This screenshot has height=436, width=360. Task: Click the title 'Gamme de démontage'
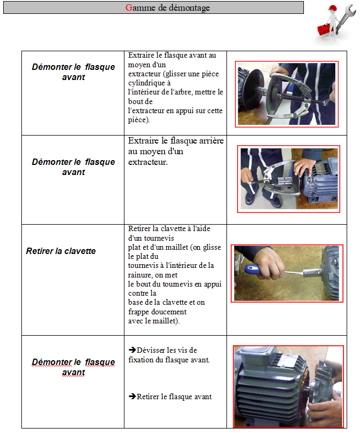168,7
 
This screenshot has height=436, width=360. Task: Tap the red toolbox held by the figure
324,29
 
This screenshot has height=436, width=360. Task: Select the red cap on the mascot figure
332,9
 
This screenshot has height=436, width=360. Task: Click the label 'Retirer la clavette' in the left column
61,251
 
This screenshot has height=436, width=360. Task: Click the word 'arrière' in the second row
210,140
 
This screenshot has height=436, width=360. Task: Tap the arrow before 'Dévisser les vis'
132,350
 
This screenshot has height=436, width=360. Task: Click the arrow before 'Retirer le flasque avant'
132,396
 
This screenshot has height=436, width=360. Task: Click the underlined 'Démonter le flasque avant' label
73,367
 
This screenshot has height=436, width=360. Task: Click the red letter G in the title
129,7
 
